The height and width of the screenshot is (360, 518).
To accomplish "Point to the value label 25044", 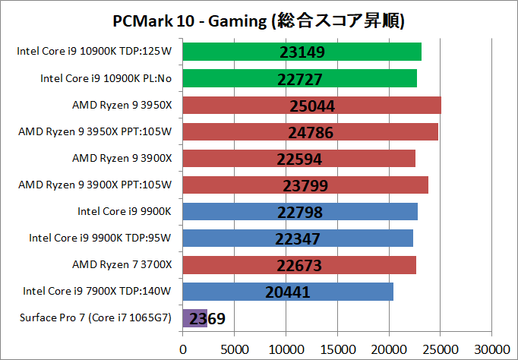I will [x=312, y=106].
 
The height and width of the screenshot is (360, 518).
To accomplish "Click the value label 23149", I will [x=302, y=52].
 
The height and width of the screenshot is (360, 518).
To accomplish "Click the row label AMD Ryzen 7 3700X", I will [x=122, y=264].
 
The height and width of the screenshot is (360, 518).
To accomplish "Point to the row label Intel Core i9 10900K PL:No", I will [x=106, y=78].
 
